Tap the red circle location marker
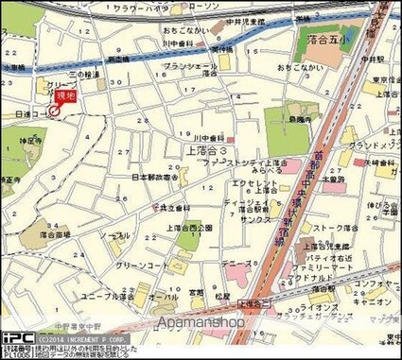coord(54,111)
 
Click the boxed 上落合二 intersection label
coord(250,303)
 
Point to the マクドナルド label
coord(317,279)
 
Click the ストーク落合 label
coord(334,228)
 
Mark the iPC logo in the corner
coord(17,336)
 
